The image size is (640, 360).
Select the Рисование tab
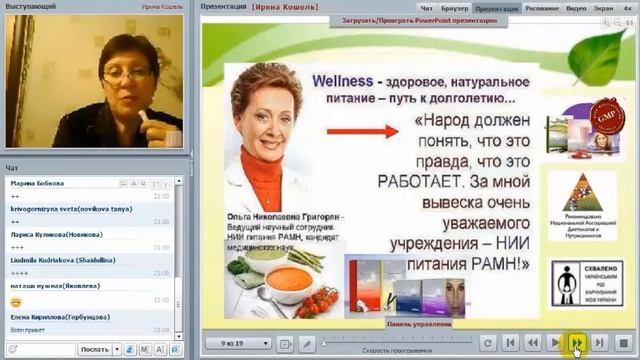point(540,6)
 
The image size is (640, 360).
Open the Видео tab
point(578,6)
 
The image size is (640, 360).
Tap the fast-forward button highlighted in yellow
point(577,343)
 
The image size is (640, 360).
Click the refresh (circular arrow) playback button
point(488,343)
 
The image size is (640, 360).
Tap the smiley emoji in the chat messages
point(16,301)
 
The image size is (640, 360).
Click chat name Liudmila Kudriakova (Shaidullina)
point(60,259)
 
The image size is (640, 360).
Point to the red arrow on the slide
point(361,130)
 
